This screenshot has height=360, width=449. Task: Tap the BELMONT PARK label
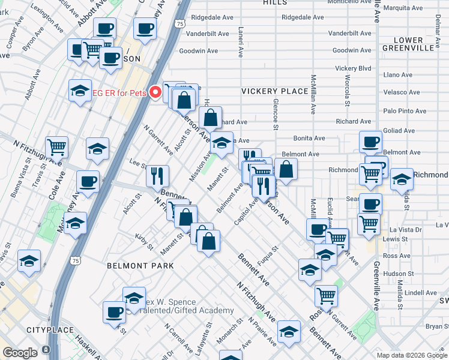(x=140, y=265)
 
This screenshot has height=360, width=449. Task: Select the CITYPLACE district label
(x=50, y=330)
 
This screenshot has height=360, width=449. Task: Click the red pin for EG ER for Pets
(x=155, y=92)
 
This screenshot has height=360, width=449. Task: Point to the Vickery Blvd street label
(x=353, y=68)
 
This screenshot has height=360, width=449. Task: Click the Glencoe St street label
(x=276, y=114)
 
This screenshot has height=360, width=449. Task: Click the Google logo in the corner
(x=20, y=353)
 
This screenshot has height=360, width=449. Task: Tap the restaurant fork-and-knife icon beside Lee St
(x=157, y=175)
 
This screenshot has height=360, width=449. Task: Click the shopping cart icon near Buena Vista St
(x=56, y=146)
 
